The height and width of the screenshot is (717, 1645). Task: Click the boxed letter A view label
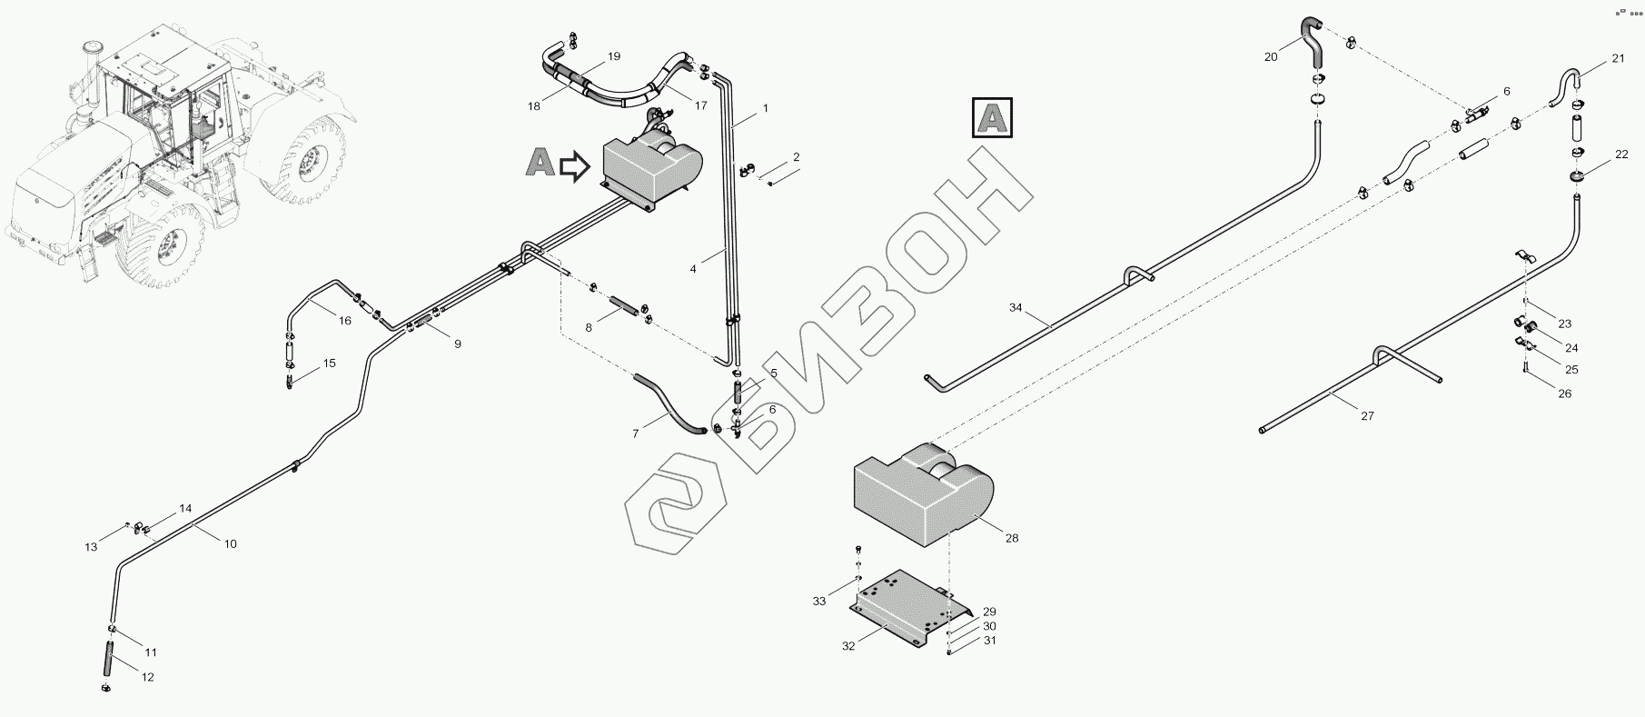point(993,118)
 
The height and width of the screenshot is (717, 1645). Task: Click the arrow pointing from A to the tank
point(575,166)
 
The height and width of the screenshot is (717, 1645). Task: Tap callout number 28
point(1012,538)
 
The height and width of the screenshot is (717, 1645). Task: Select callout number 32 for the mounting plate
point(848,646)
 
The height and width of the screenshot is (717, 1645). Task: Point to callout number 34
point(1016,308)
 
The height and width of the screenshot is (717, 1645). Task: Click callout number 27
point(1367,415)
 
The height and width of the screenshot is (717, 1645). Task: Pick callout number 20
point(1271,56)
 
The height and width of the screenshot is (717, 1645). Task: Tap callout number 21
point(1618,59)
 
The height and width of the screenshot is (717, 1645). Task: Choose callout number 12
point(147,677)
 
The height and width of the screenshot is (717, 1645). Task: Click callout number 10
point(230,543)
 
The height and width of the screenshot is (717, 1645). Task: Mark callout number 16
point(344,320)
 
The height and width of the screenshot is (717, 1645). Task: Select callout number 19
point(614,56)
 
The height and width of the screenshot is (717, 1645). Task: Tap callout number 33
point(819,601)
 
